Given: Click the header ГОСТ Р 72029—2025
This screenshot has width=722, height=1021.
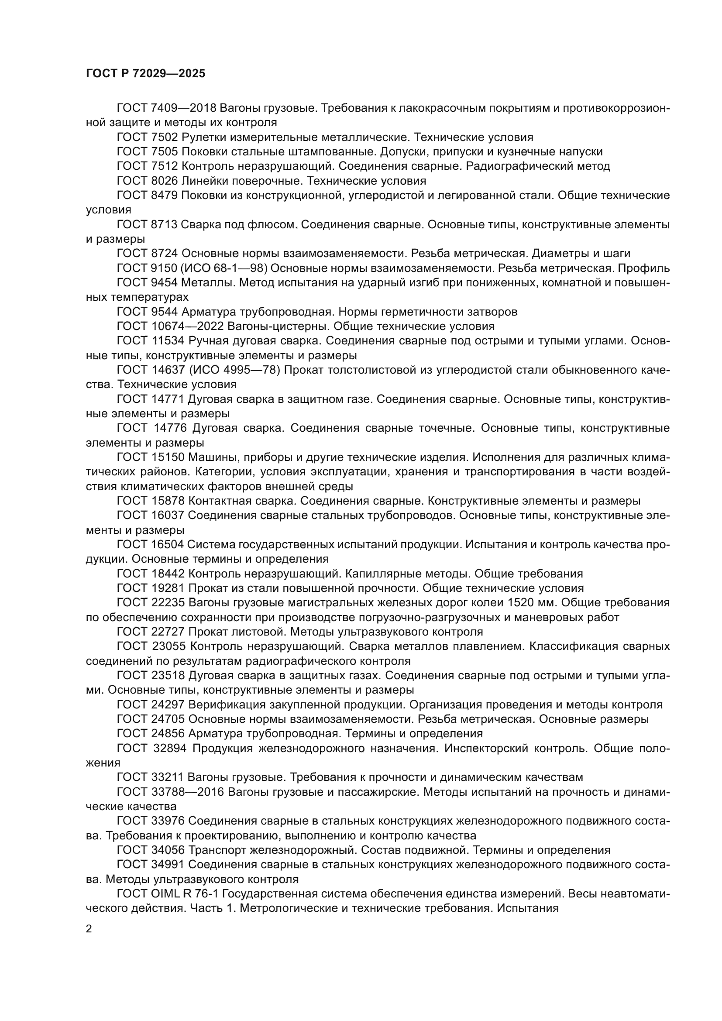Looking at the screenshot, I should point(145,74).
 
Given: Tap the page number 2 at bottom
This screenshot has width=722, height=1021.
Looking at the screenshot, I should point(89,929).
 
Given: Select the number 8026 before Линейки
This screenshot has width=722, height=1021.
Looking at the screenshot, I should point(164,181).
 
